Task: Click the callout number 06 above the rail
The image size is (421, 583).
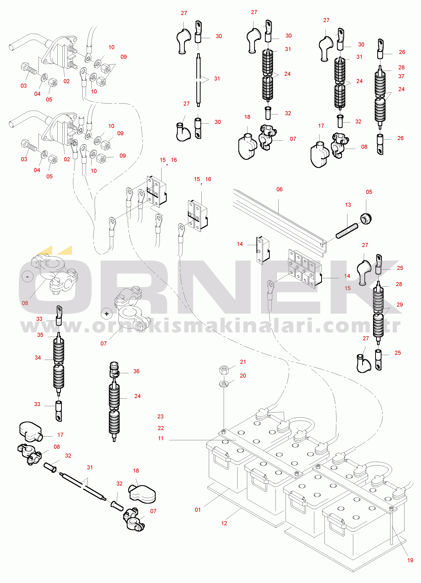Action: [279, 189]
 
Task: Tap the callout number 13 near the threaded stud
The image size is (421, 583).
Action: [348, 205]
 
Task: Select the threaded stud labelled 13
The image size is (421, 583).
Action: [347, 231]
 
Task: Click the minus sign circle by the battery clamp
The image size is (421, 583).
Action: [28, 277]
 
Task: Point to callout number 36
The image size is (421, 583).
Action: [136, 371]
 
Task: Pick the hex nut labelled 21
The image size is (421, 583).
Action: [224, 370]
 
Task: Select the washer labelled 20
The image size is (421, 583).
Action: [224, 384]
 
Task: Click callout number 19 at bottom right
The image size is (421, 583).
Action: [410, 560]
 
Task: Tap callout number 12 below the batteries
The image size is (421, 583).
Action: [224, 523]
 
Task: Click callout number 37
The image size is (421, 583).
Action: [401, 76]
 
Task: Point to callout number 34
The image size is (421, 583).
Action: [38, 358]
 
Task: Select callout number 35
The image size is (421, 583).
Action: [40, 335]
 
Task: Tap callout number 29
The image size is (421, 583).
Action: [400, 305]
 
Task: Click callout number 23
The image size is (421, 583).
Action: [160, 416]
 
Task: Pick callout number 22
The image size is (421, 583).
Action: [161, 428]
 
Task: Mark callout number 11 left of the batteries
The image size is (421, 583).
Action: [161, 438]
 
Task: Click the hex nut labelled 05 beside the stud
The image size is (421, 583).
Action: [366, 218]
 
